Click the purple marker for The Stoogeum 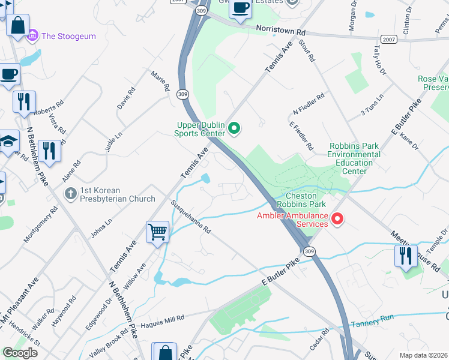point(32,36)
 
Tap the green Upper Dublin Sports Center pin point(235,128)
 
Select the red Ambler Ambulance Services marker point(337,220)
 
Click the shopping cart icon point(157,231)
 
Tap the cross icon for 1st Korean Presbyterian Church point(70,193)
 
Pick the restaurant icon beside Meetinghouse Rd point(406,256)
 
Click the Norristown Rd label point(280,29)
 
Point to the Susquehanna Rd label point(191,217)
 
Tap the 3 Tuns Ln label point(372,106)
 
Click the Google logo point(20,353)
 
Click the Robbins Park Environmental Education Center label point(354,158)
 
